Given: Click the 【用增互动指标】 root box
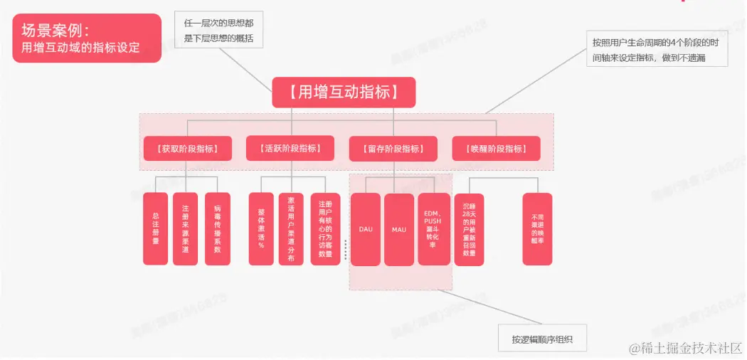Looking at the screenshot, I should (344, 92).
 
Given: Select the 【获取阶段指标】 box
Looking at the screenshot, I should (188, 149).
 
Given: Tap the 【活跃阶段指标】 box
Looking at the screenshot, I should (291, 149).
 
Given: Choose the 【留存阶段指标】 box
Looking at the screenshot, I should (393, 149).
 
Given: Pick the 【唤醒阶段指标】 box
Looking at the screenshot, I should (497, 149).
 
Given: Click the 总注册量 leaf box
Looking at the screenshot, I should (155, 229).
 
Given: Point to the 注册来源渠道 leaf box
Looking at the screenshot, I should (186, 229).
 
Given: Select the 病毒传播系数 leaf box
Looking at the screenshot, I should (218, 229).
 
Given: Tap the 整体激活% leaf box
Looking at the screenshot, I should (261, 229).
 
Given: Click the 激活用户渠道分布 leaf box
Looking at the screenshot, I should (291, 229).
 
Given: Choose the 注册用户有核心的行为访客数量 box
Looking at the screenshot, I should (325, 229).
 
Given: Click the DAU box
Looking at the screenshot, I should (366, 230).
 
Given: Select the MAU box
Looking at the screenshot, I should (398, 230).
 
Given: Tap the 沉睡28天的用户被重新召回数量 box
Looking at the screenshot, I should (469, 229).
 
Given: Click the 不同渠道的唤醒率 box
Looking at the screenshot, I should (537, 229).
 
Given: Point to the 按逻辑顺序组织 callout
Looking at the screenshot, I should (543, 339).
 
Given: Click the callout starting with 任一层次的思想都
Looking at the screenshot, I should (219, 31).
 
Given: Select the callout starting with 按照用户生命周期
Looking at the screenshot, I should (657, 49).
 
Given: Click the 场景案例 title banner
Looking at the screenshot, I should (87, 38).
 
